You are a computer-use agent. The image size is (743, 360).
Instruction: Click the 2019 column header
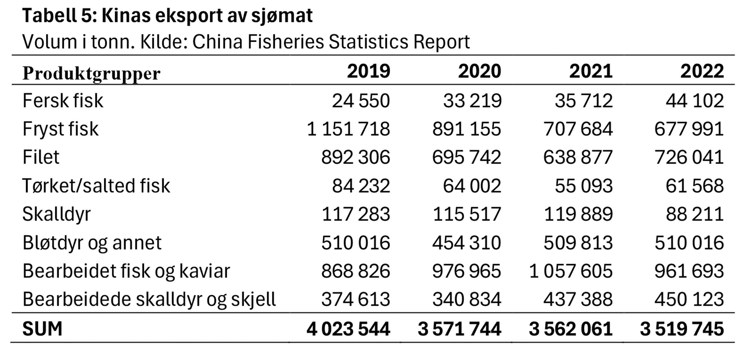pyautogui.click(x=368, y=72)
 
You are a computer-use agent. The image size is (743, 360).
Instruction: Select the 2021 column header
pyautogui.click(x=591, y=72)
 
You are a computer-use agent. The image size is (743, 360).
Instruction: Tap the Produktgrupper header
pyautogui.click(x=91, y=74)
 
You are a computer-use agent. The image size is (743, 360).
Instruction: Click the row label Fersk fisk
pyautogui.click(x=63, y=101)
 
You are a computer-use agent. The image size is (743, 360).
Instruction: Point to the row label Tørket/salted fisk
pyautogui.click(x=96, y=186)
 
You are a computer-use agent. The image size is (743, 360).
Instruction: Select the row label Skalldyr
pyautogui.click(x=57, y=214)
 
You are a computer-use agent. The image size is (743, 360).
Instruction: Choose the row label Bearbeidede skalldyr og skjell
pyautogui.click(x=149, y=299)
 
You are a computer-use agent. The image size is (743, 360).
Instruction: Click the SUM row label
pyautogui.click(x=42, y=328)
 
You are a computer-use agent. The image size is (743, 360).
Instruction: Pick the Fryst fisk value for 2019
pyautogui.click(x=348, y=129)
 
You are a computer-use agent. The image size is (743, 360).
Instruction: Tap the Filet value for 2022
pyautogui.click(x=689, y=157)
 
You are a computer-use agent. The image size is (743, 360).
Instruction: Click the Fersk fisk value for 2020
pyautogui.click(x=472, y=101)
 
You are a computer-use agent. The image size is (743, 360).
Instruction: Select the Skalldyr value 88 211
pyautogui.click(x=695, y=214)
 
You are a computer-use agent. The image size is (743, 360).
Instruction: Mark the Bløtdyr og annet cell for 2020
pyautogui.click(x=467, y=243)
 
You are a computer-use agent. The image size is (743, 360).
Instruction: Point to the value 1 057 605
pyautogui.click(x=571, y=271)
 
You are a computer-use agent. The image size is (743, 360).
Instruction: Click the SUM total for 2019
pyautogui.click(x=348, y=329)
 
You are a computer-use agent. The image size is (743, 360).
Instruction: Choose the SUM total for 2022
pyautogui.click(x=682, y=329)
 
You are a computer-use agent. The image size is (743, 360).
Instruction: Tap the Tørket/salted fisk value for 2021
pyautogui.click(x=584, y=186)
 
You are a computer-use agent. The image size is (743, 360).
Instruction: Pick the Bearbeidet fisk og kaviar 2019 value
pyautogui.click(x=355, y=271)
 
